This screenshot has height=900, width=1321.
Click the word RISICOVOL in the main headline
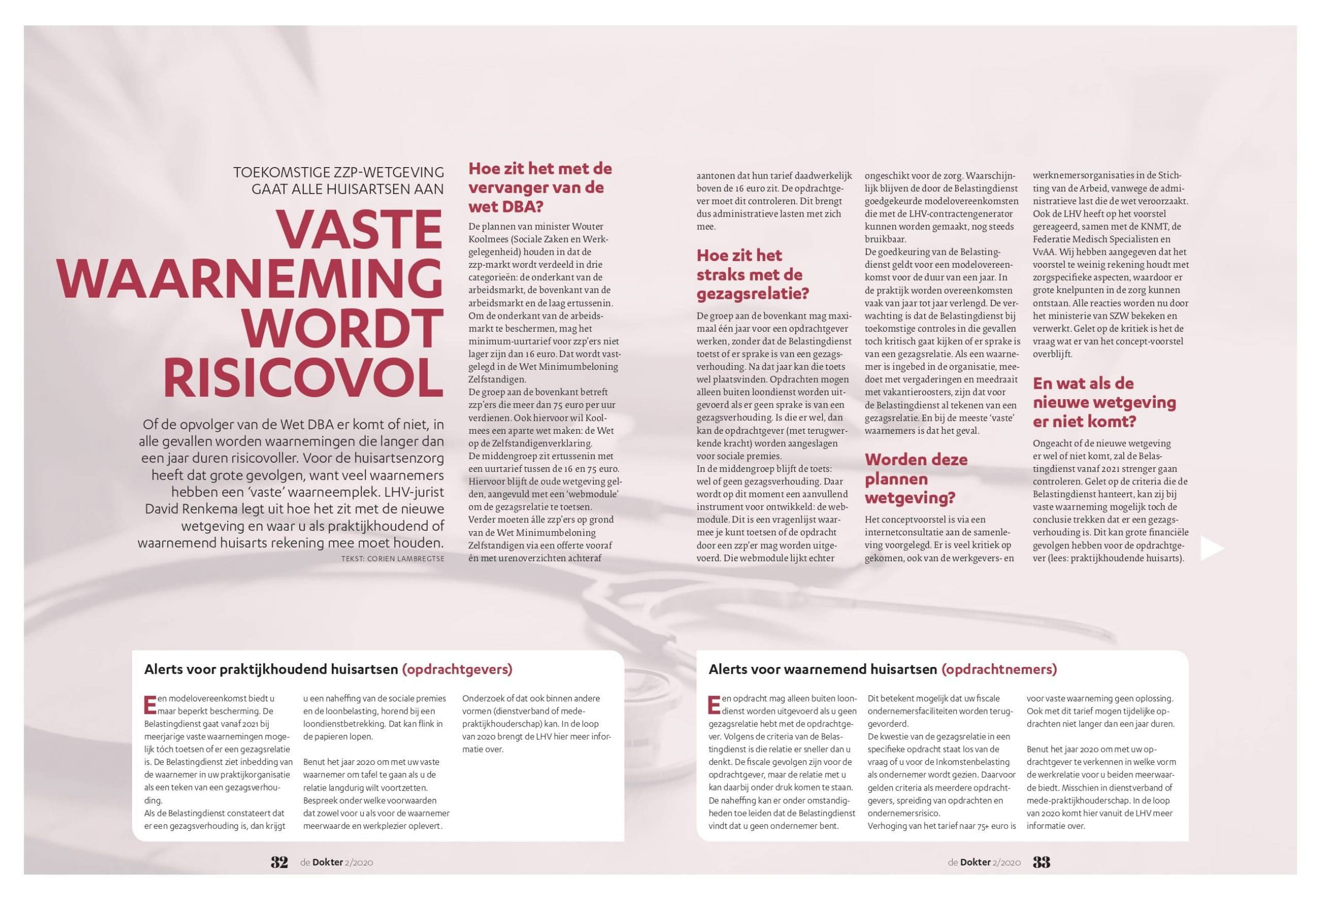click(x=303, y=375)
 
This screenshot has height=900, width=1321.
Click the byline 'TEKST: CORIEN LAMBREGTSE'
click(x=392, y=559)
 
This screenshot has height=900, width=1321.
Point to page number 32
click(x=279, y=862)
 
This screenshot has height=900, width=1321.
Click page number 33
click(x=1041, y=862)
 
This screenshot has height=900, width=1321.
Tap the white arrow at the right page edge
click(x=1211, y=548)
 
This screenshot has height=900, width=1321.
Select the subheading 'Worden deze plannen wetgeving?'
click(x=916, y=479)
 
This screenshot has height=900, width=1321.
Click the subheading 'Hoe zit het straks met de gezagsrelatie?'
click(x=752, y=274)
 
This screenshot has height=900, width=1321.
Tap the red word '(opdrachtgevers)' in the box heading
click(x=457, y=669)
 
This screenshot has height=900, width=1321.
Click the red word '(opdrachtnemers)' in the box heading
click(x=998, y=669)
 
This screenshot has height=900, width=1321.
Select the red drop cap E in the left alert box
click(x=150, y=704)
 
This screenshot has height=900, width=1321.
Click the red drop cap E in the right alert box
click(x=714, y=704)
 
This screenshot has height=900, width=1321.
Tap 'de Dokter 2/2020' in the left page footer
click(x=336, y=862)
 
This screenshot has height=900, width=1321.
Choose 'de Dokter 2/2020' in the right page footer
click(x=984, y=862)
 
